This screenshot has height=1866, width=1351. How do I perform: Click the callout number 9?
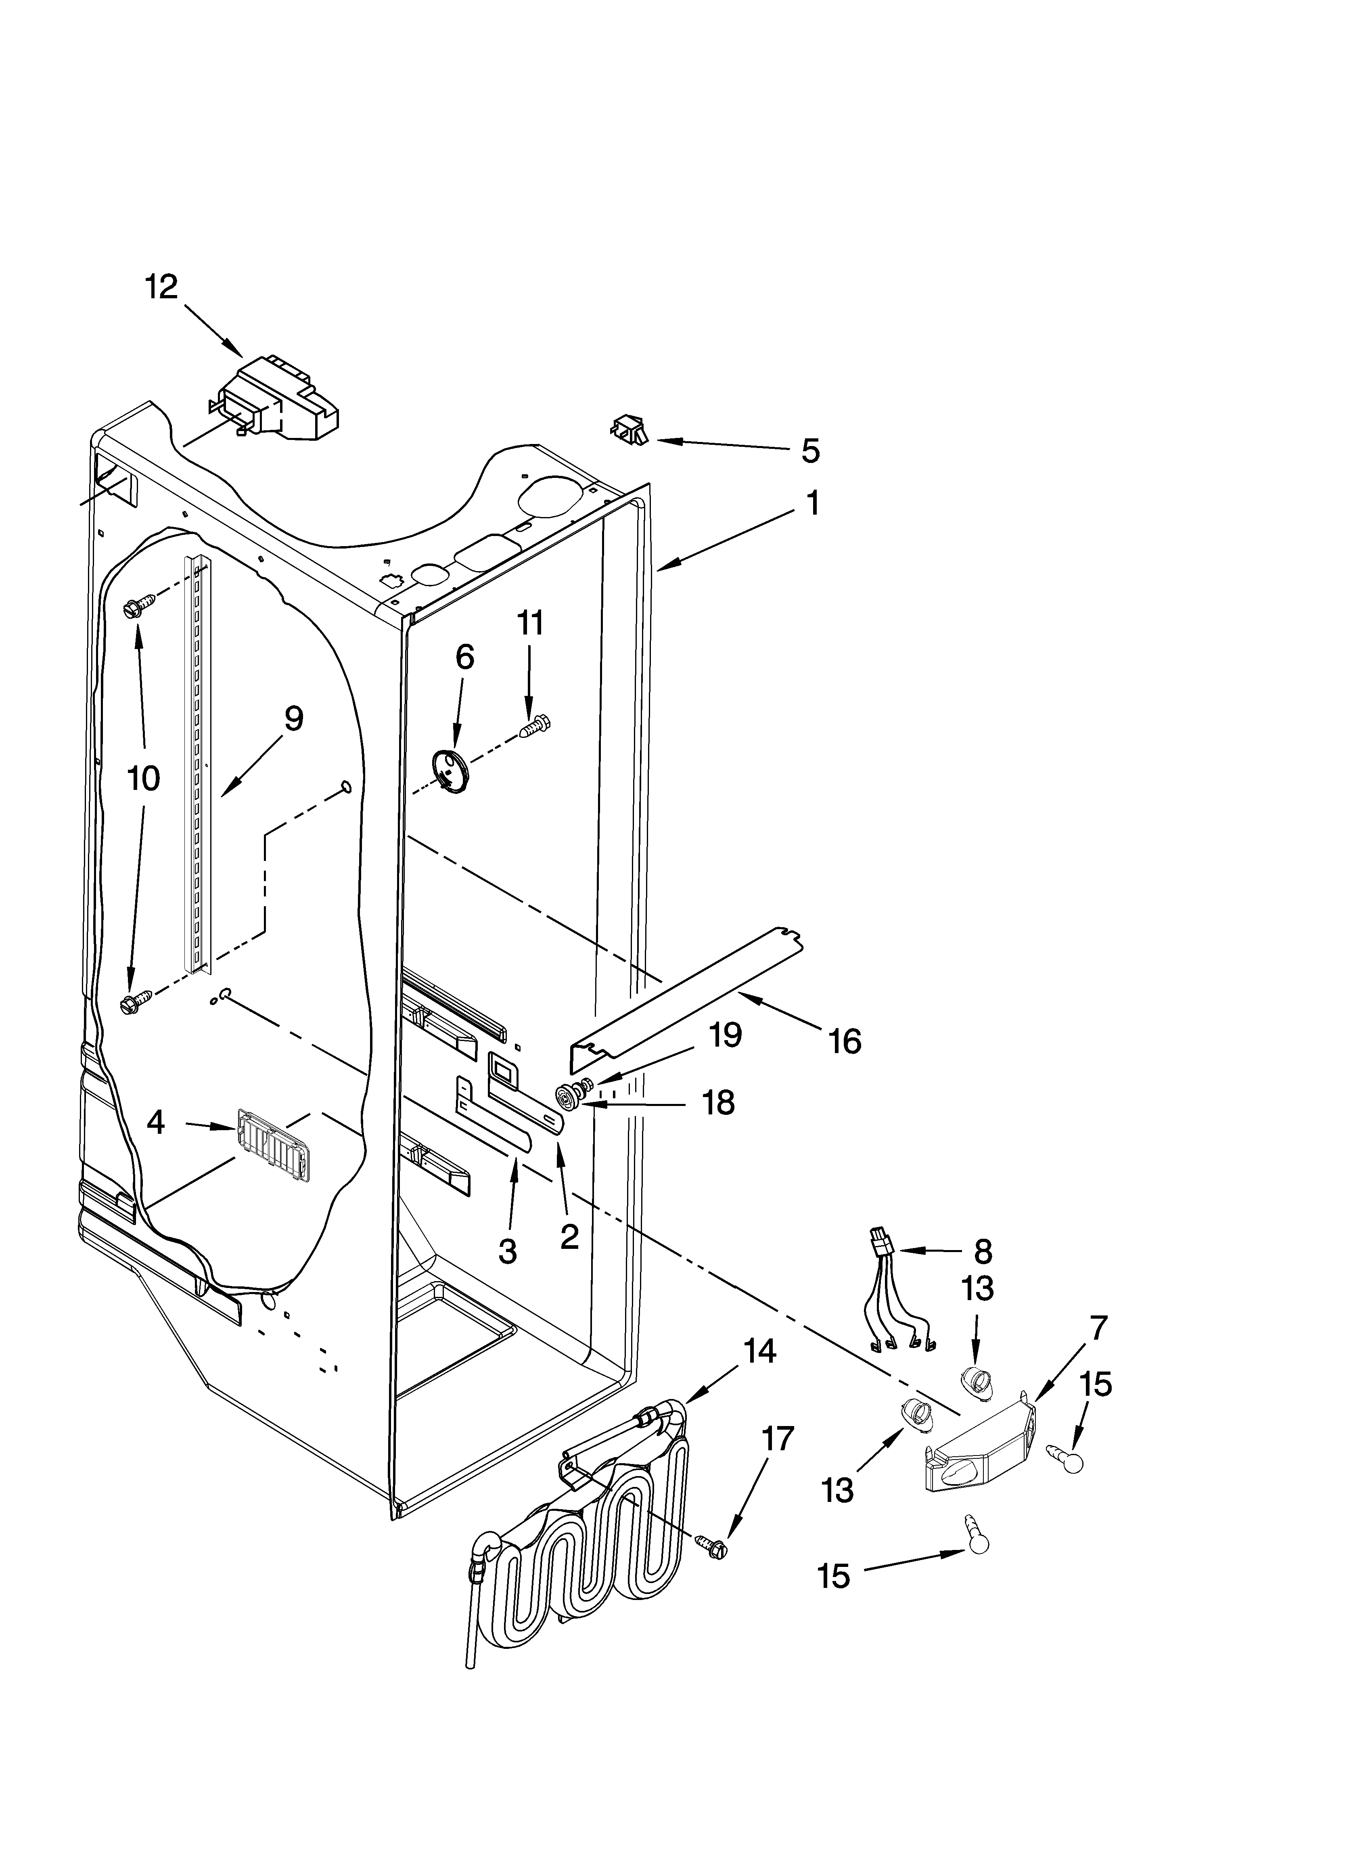coord(294,718)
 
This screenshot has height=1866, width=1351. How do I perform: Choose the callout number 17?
coord(778,1439)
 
